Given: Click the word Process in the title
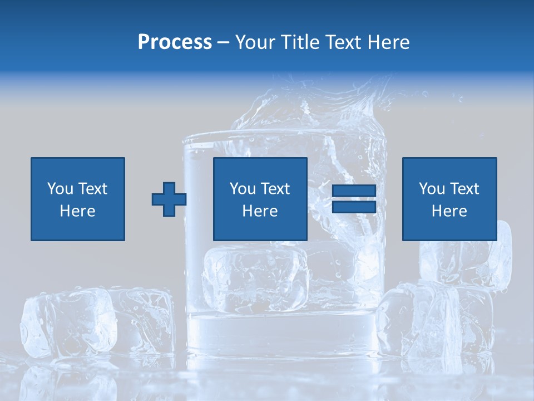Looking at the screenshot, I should click(x=175, y=42).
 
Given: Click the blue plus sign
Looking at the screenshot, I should click(x=169, y=199).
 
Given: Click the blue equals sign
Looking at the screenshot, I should click(x=354, y=199).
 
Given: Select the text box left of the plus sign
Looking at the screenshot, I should click(x=78, y=199).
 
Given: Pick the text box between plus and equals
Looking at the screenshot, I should click(x=260, y=199).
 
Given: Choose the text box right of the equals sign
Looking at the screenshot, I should click(x=449, y=199).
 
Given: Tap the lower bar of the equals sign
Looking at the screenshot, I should click(x=354, y=207).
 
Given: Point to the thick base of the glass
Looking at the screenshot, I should click(x=284, y=334).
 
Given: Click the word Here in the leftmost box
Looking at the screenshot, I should click(x=78, y=211).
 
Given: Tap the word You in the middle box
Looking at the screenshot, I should click(x=243, y=189).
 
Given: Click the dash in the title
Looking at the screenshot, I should click(x=224, y=42).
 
